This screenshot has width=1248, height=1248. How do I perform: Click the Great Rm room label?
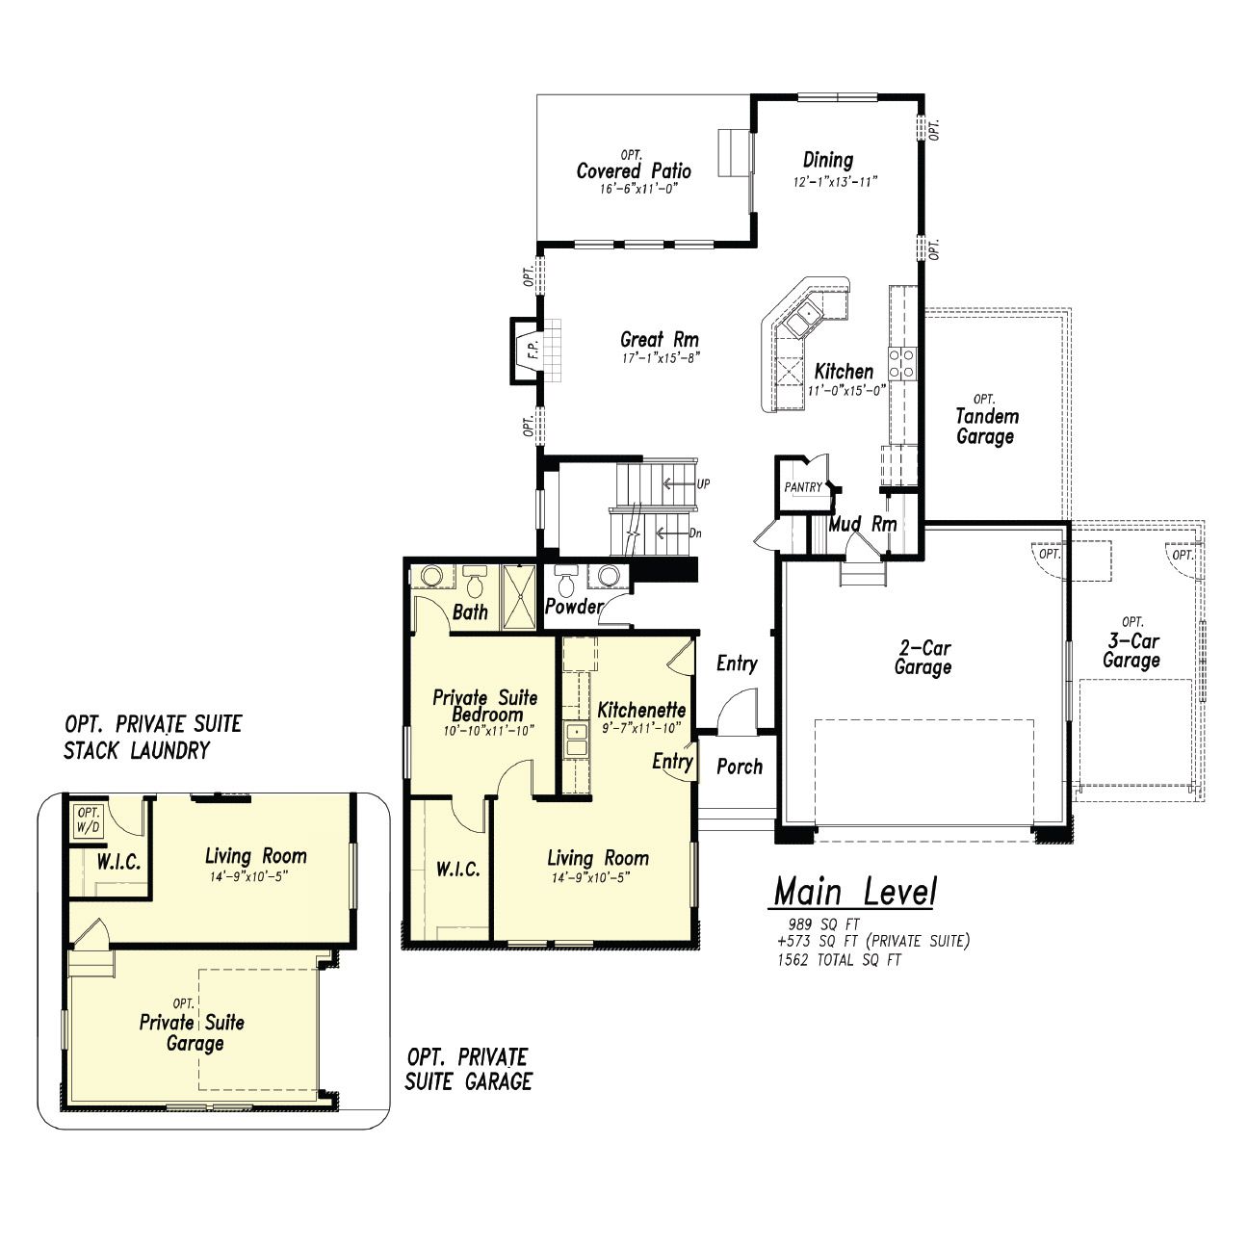(x=660, y=339)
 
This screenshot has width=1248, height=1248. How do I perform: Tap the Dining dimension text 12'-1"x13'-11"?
(x=836, y=181)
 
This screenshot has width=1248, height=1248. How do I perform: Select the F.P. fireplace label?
(x=533, y=350)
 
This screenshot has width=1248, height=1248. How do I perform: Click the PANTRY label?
(x=803, y=487)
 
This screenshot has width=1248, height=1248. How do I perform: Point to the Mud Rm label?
(x=864, y=524)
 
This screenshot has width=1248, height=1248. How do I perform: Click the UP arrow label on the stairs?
(x=703, y=483)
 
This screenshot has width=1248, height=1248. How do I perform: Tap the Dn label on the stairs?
(x=695, y=533)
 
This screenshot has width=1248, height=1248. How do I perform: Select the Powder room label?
(x=574, y=607)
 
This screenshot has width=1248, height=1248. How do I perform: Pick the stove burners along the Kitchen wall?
(x=902, y=363)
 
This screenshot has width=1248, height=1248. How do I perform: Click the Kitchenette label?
(x=641, y=709)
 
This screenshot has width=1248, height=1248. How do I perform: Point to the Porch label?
(x=740, y=767)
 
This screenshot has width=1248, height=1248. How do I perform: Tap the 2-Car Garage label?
(x=923, y=657)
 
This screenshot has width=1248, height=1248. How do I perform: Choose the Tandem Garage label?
(x=986, y=427)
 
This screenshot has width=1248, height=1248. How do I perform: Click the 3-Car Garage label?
(x=1131, y=650)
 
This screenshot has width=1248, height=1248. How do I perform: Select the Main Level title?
(x=855, y=891)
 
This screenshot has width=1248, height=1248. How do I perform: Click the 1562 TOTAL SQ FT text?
(x=840, y=960)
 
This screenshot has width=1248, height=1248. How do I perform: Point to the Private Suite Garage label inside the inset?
(x=193, y=1032)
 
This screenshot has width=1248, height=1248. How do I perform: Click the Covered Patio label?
(x=634, y=171)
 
